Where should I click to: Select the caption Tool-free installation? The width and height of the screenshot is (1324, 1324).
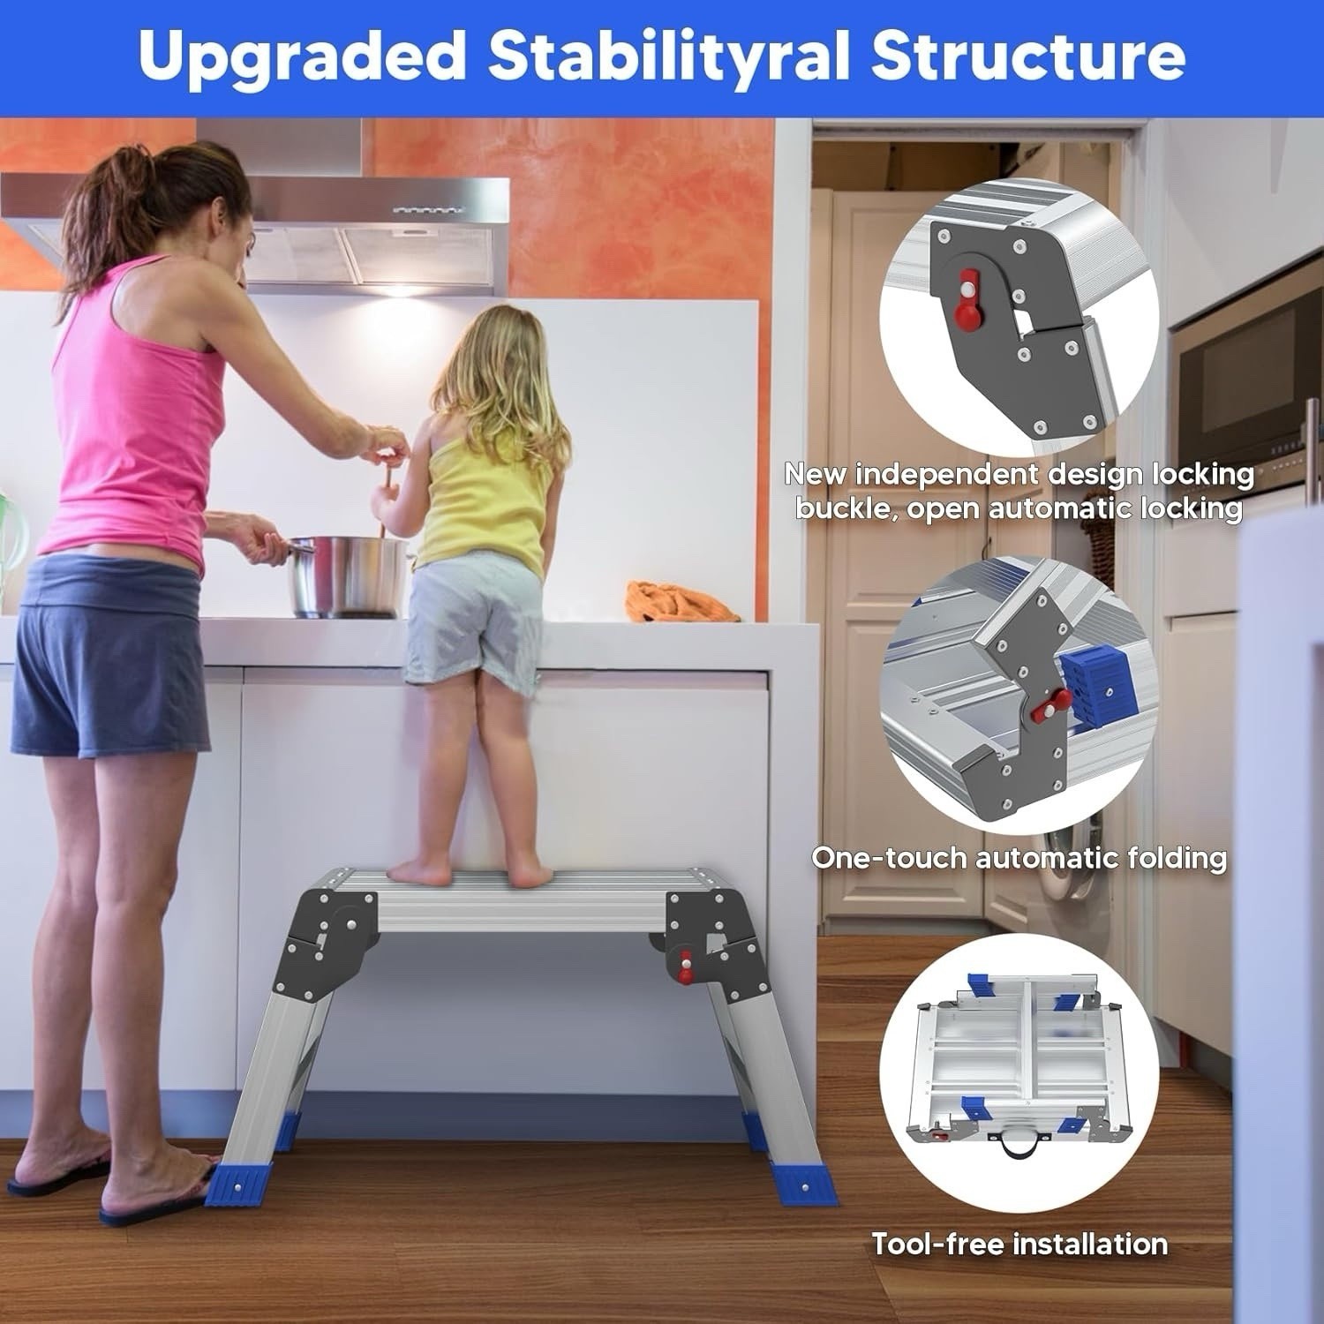pos(1019,1244)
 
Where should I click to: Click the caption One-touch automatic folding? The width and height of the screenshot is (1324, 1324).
pos(1019,857)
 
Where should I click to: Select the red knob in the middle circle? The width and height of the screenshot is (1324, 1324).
pos(1051,704)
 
